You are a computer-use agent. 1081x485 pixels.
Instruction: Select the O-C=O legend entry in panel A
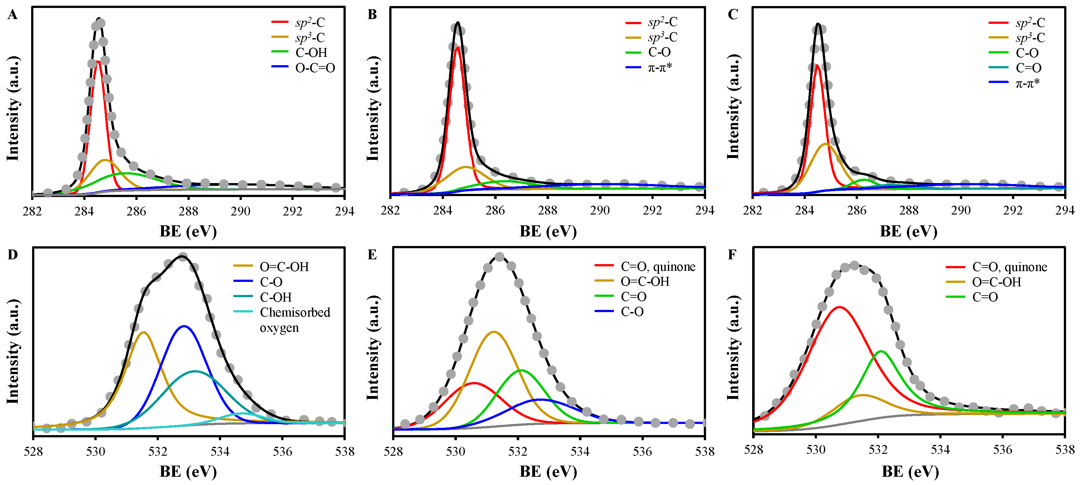click(315, 68)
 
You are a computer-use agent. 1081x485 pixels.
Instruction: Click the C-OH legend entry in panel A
click(311, 52)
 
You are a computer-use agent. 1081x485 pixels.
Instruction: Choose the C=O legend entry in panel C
click(1028, 68)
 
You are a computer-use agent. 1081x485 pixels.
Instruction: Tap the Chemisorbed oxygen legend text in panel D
click(295, 319)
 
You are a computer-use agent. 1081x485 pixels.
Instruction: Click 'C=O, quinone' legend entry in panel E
click(657, 267)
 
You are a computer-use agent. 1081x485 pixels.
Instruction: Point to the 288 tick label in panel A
click(188, 211)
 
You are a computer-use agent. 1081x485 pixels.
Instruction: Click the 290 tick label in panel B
click(600, 210)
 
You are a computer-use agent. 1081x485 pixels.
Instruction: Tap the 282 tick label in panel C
click(752, 210)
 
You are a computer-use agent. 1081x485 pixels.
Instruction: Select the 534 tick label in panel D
click(220, 451)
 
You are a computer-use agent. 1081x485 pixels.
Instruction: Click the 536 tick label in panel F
click(1003, 450)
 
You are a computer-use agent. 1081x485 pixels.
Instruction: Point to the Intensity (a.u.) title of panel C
click(733, 107)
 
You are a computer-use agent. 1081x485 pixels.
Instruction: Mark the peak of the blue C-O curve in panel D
click(183, 326)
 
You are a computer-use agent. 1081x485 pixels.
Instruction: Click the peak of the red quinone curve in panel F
click(839, 307)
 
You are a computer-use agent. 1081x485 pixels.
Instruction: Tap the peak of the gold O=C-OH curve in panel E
click(494, 332)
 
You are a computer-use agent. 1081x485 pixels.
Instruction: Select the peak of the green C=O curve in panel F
click(881, 351)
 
